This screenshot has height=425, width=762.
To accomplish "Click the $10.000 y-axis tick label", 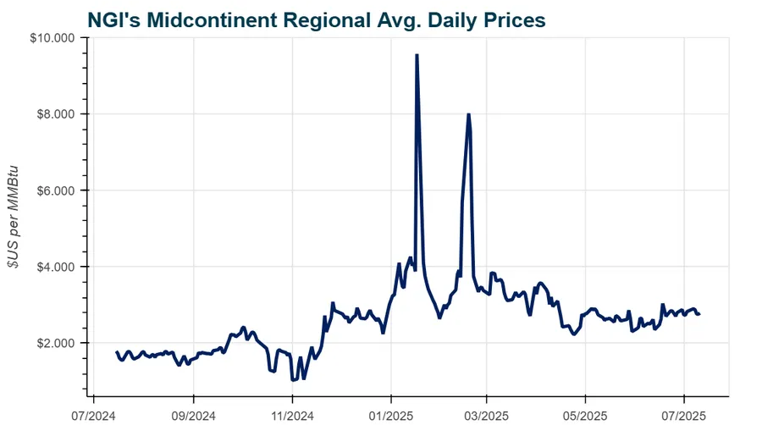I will [53, 38].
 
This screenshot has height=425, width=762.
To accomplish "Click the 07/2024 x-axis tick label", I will [93, 415].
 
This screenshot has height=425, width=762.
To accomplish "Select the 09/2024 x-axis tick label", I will [194, 415].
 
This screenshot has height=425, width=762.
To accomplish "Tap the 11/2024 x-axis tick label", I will [293, 415].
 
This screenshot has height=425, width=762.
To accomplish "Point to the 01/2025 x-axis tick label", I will [391, 415].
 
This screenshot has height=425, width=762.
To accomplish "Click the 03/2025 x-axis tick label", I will [487, 415].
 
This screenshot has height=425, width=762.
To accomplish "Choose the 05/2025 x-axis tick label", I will [586, 415].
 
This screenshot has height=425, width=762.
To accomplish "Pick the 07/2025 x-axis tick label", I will [685, 415].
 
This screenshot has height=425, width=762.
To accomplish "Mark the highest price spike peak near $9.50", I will [417, 55].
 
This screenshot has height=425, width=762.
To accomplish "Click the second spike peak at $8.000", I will [468, 114].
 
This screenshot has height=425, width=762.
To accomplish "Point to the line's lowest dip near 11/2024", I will [293, 380].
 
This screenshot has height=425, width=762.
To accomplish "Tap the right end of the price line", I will [699, 314].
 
